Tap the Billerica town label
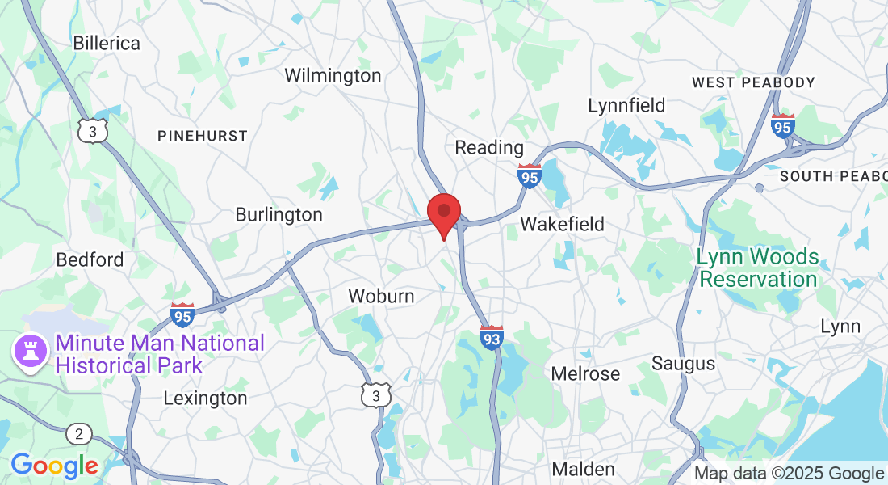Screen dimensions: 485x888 click(x=107, y=43)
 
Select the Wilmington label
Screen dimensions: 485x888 click(x=333, y=75)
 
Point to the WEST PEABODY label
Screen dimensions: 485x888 click(x=754, y=82)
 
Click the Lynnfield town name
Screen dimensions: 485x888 click(x=626, y=105)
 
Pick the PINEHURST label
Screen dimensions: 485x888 click(x=202, y=136)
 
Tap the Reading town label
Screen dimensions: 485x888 click(x=489, y=147)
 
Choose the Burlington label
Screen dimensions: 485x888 click(x=279, y=214)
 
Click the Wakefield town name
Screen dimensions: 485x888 click(x=563, y=224)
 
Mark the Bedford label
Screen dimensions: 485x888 click(x=90, y=259)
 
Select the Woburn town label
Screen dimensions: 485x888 click(x=381, y=296)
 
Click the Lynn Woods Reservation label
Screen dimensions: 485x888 click(x=758, y=268)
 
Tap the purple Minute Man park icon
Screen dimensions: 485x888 click(x=27, y=353)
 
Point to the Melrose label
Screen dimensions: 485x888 click(x=585, y=373)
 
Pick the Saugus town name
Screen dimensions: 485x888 click(x=683, y=363)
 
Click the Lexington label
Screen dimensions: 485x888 click(x=205, y=398)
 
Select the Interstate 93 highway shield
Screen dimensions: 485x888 click(x=492, y=338)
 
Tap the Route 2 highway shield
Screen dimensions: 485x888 click(x=78, y=434)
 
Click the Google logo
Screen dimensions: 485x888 click(x=54, y=466)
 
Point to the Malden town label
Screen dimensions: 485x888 click(x=583, y=469)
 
